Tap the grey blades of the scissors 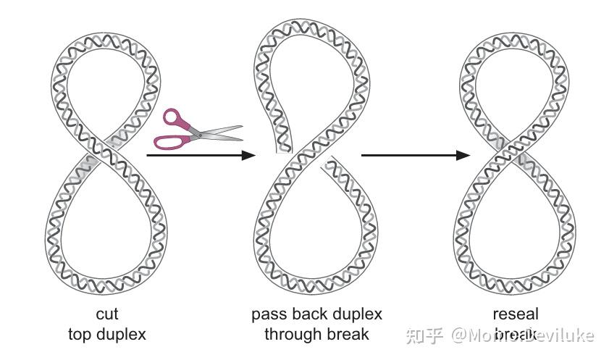[221, 132]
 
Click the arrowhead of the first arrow [248, 154]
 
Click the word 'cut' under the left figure [106, 314]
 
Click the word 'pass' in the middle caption [268, 314]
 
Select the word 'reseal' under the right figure [515, 314]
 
